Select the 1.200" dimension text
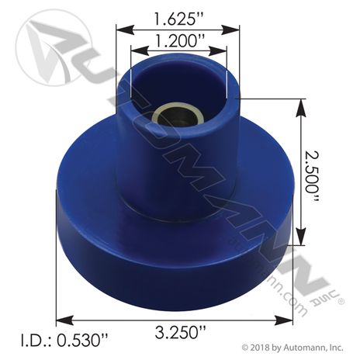179,40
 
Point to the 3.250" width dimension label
180,332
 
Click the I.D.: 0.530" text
64,341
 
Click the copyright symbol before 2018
244,348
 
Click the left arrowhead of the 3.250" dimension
64,320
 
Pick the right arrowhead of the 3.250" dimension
284,320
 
